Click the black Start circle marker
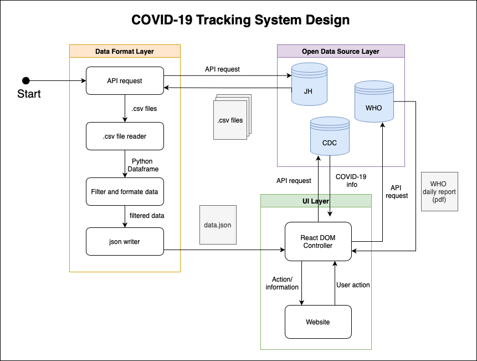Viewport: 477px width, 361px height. [x=25, y=80]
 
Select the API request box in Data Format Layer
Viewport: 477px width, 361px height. [x=125, y=80]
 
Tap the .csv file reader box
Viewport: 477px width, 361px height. [x=125, y=136]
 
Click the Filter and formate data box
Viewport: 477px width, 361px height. [x=125, y=191]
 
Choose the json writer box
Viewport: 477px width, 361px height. [x=125, y=242]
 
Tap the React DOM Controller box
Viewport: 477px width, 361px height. [x=318, y=242]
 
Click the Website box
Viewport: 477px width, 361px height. [x=318, y=322]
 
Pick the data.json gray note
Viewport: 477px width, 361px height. [x=218, y=226]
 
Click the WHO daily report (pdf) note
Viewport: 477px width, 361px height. [x=439, y=191]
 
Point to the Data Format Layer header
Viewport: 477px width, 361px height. [x=125, y=51]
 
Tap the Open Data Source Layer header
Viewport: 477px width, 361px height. [x=341, y=51]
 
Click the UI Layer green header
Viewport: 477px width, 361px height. [x=316, y=201]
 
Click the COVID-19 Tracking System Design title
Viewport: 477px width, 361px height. [x=240, y=20]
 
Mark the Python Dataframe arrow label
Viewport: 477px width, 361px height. [x=142, y=165]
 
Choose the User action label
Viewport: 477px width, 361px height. [x=353, y=284]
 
